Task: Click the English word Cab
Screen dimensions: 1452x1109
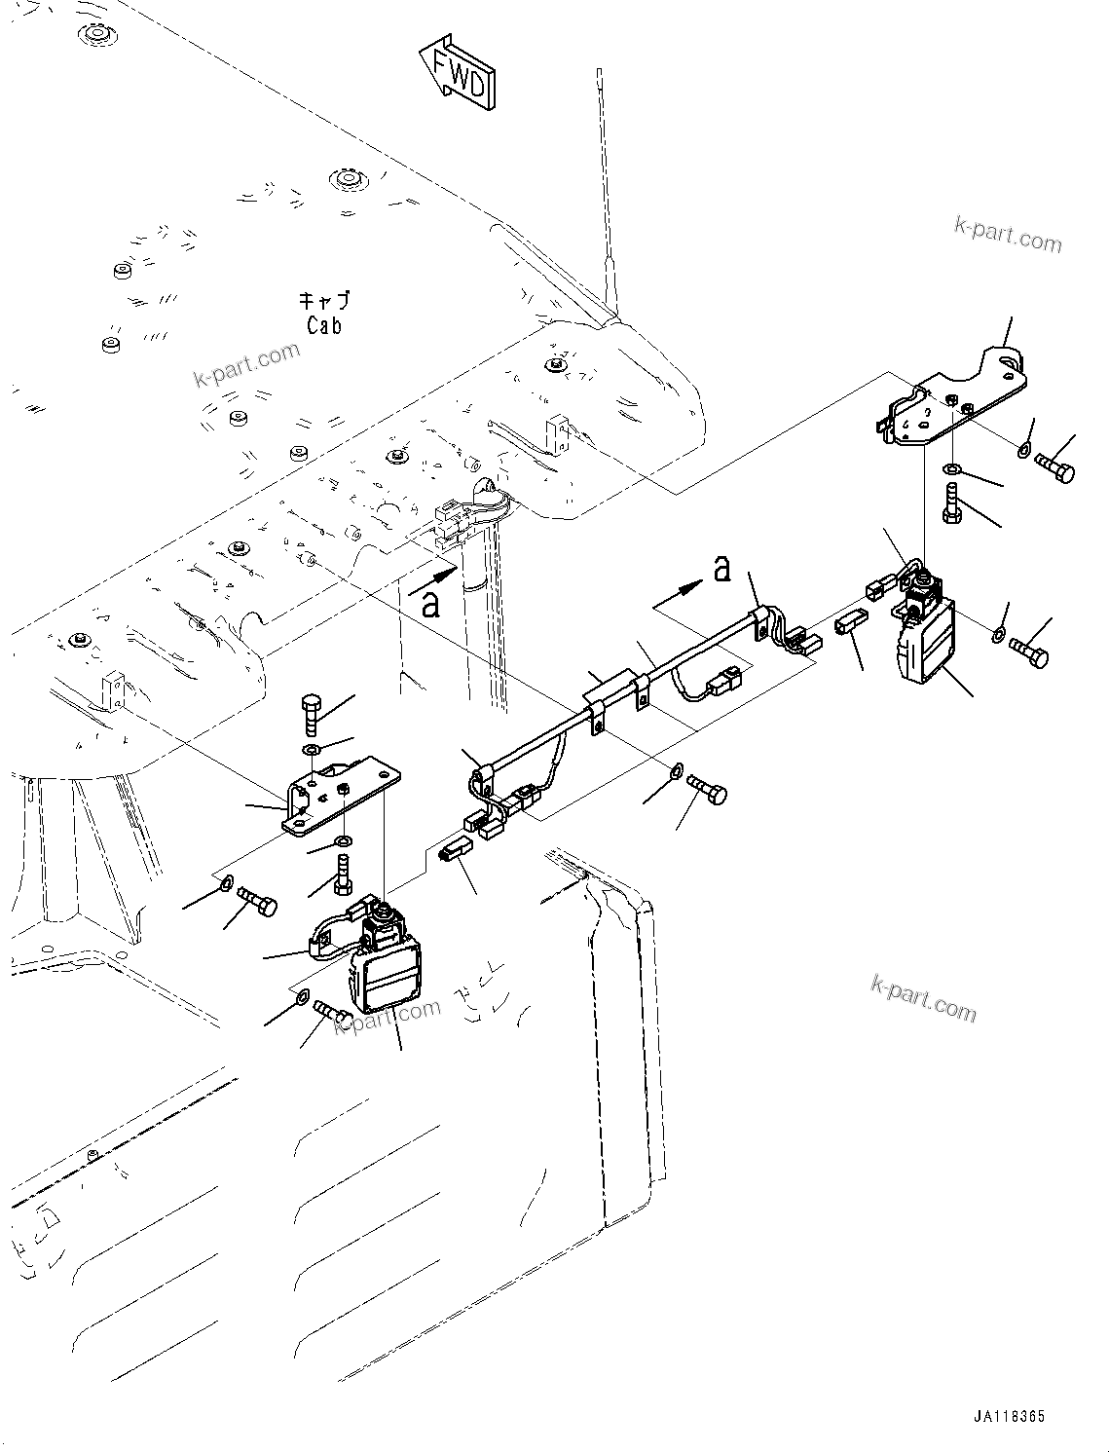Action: pos(324,325)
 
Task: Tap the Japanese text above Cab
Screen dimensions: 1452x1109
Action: pos(323,301)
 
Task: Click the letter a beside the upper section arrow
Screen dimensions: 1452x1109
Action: pos(721,568)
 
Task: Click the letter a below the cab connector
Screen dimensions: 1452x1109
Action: pos(429,603)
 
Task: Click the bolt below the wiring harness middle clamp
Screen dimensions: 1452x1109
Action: pos(707,787)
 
